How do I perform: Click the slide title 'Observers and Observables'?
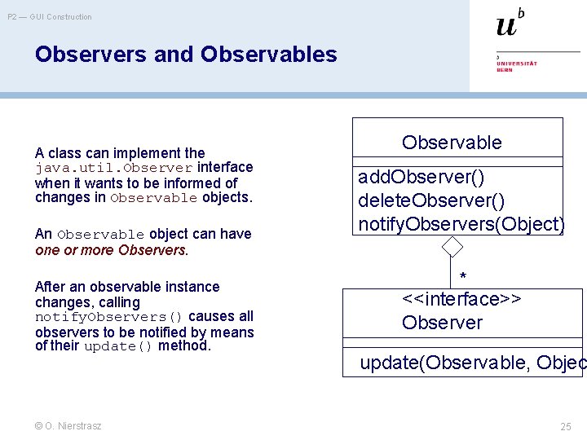click(185, 55)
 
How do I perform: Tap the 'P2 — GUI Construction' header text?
click(50, 16)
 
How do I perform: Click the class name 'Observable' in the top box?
click(452, 143)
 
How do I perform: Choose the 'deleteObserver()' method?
click(431, 200)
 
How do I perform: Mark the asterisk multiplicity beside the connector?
click(463, 276)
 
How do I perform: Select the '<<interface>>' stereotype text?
click(461, 299)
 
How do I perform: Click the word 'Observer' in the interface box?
click(442, 323)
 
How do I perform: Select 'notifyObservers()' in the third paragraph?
click(108, 317)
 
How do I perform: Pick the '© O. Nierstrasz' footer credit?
click(68, 426)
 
